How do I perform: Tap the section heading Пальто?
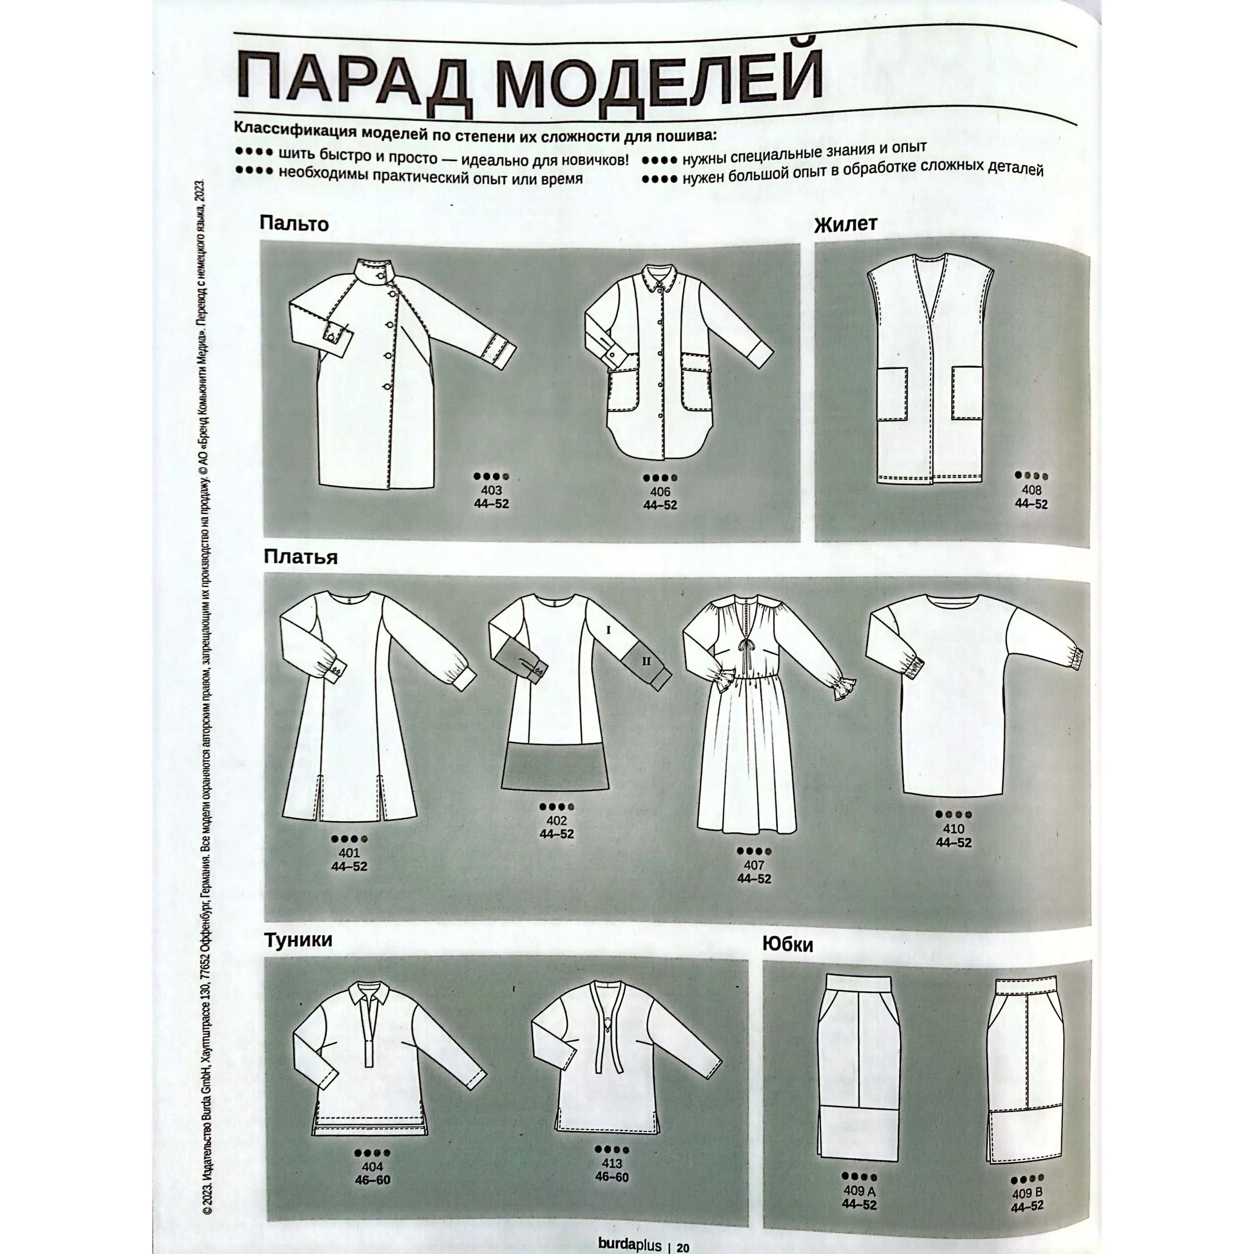coord(294,224)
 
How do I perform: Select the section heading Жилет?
coord(845,225)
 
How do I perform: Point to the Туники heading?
coord(299,940)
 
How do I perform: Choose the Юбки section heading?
coord(787,945)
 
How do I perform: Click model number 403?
coord(491,491)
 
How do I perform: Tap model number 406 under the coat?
coord(660,492)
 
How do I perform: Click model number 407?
coord(754,865)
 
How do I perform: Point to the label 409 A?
coord(859,1191)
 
